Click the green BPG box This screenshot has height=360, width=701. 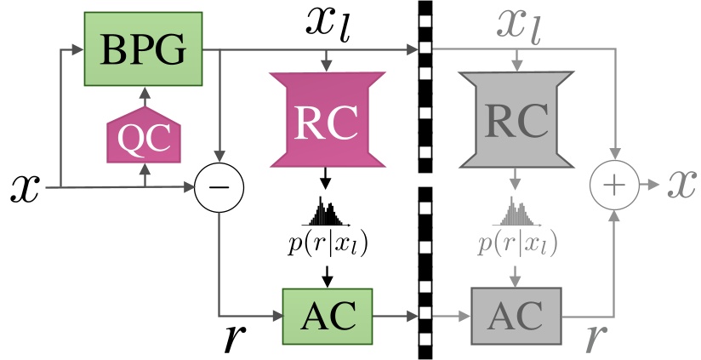143,49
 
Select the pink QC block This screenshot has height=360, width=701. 145,137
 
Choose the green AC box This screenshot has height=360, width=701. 327,315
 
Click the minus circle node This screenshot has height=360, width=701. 219,185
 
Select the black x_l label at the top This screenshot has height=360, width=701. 331,26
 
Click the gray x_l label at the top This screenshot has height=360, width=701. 521,26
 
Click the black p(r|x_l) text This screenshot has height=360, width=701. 328,243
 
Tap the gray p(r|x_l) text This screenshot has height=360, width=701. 516,243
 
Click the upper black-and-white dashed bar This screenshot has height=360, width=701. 425,85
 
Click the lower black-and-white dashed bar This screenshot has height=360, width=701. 425,272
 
